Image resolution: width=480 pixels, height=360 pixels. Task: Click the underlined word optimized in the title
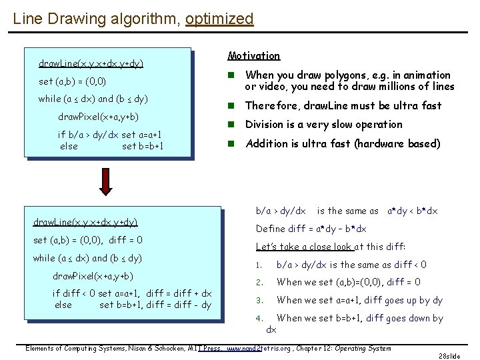tap(220, 18)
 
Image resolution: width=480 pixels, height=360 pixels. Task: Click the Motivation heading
tap(254, 56)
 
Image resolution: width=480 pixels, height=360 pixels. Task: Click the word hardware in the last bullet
tap(391, 143)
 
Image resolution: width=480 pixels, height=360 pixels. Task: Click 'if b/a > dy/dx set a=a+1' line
tap(109, 134)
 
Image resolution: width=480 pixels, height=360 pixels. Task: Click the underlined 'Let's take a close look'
tap(304, 247)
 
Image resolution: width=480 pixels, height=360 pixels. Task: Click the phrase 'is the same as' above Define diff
tap(347, 211)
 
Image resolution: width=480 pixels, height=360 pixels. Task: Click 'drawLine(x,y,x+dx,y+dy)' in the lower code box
tap(85, 222)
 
